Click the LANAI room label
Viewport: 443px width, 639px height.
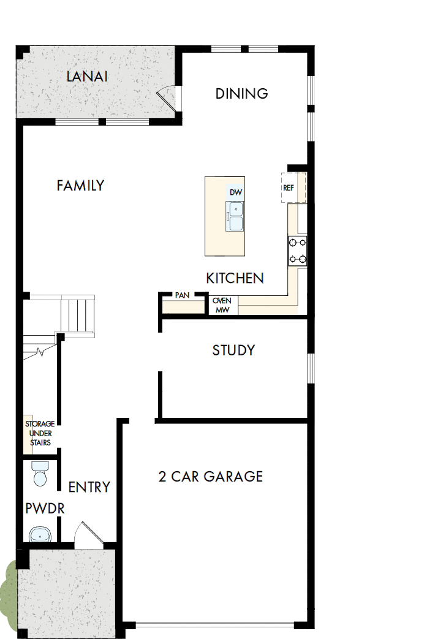(87, 77)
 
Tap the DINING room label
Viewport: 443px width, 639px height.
(241, 94)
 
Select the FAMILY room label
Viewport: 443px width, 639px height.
(80, 186)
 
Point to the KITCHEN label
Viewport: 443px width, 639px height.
(235, 279)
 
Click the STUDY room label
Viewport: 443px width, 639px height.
(233, 350)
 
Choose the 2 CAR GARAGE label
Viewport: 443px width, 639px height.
(210, 477)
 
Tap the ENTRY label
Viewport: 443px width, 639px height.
(89, 487)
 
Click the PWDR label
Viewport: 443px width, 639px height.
(45, 509)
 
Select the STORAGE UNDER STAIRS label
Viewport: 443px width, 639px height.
(39, 433)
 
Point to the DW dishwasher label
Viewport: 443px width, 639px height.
(236, 192)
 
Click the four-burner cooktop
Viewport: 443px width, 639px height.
(298, 251)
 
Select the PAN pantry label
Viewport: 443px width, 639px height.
(182, 295)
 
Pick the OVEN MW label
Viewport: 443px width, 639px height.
(221, 305)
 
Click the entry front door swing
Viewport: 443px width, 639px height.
(83, 534)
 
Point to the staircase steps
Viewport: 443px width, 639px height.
(78, 314)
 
